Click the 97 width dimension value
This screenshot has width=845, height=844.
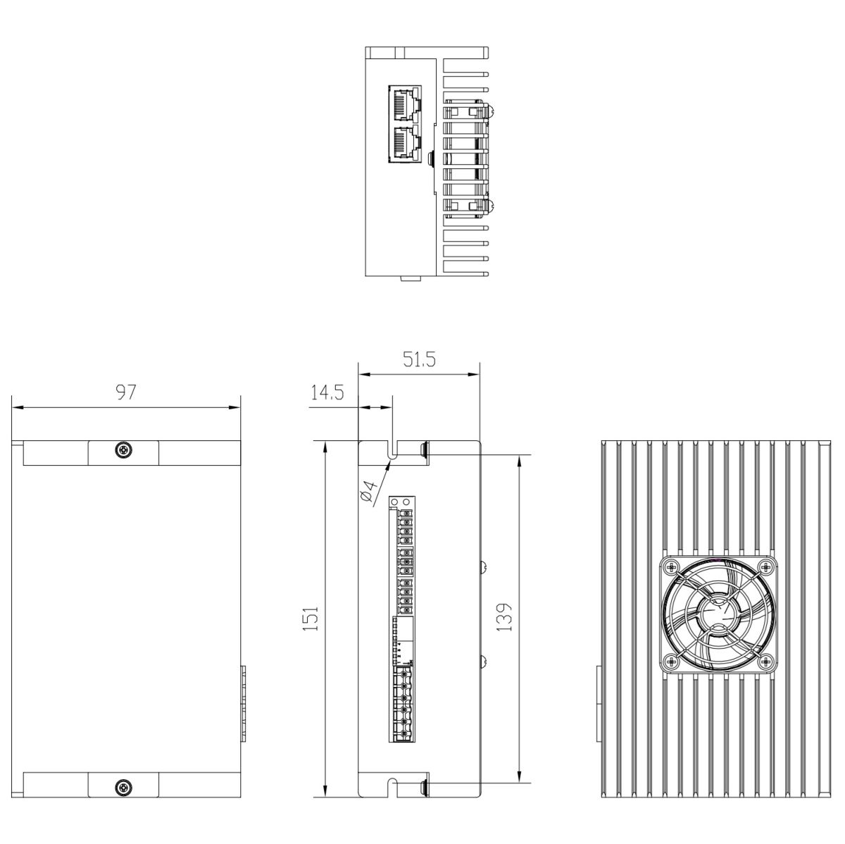(126, 392)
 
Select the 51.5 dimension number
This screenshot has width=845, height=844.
(419, 359)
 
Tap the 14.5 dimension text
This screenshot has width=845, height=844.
(327, 392)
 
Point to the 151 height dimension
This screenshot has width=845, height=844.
(311, 619)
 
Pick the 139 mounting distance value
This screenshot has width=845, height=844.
(505, 617)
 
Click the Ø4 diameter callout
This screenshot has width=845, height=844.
(368, 491)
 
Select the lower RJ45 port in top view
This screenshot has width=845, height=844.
(404, 143)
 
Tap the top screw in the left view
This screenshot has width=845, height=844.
(123, 449)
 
